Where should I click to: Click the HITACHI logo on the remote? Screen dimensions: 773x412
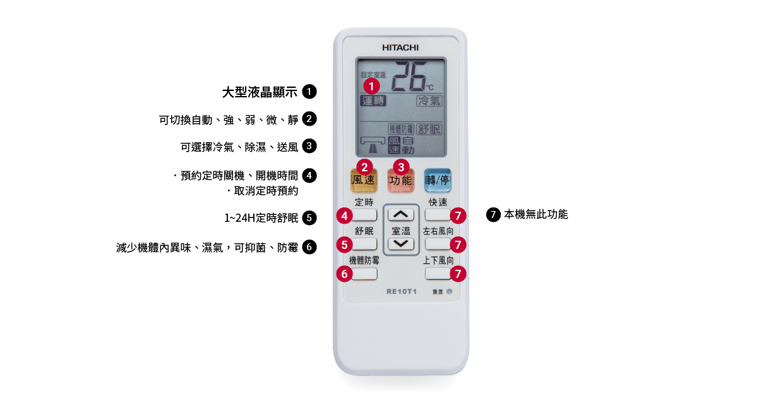point(400,47)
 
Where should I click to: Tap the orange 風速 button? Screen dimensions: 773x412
point(364,181)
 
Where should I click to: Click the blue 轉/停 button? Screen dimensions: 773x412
point(438,180)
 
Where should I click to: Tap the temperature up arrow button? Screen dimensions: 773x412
point(400,215)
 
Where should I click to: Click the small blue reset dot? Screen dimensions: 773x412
point(449,291)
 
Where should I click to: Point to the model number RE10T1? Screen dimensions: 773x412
point(402,291)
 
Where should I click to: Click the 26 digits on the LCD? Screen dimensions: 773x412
point(409,76)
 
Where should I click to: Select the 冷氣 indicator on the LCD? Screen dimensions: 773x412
point(429,101)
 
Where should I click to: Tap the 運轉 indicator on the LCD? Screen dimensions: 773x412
point(373,101)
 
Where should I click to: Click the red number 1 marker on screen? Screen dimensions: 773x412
point(371,86)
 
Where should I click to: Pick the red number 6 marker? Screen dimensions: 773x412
point(344,274)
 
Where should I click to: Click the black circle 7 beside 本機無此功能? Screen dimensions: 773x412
point(493,214)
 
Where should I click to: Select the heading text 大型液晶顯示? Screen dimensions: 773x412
point(260,92)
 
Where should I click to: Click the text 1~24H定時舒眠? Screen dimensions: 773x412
point(261,218)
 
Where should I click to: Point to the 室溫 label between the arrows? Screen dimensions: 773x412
point(400,231)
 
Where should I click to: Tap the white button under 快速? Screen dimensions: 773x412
point(438,215)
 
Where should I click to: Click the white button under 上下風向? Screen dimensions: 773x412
point(438,274)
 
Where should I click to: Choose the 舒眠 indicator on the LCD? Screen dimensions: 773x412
point(429,130)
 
